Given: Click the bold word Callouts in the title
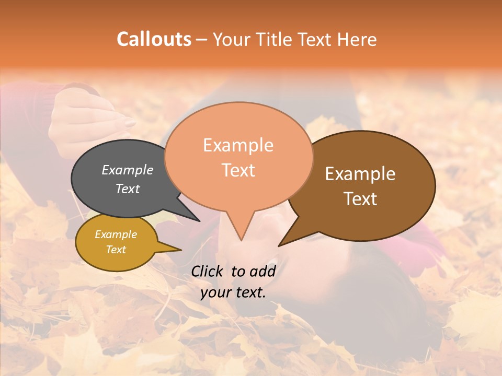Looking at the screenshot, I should [x=154, y=39].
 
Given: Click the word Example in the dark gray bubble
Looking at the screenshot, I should [x=128, y=170].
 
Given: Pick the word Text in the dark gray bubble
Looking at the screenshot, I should [x=128, y=189].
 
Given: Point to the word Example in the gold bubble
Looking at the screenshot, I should [x=116, y=234].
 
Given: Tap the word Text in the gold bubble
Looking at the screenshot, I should [x=116, y=250].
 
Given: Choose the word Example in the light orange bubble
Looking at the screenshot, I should [x=238, y=145].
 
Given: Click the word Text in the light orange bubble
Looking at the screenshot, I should [x=238, y=170].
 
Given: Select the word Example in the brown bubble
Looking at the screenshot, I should [x=360, y=174].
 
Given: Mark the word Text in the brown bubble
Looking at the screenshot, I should [x=360, y=199].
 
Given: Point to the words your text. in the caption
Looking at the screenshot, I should [x=233, y=292].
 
